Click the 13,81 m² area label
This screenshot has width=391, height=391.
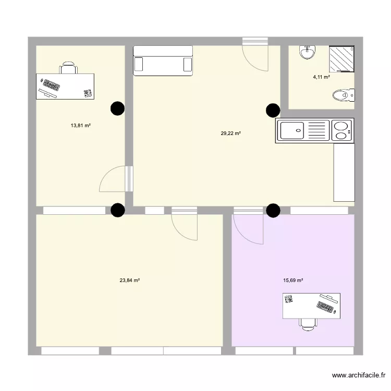81,125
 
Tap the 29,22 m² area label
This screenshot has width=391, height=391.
230,133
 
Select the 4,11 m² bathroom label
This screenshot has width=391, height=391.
321,77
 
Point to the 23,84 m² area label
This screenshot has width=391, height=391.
129,280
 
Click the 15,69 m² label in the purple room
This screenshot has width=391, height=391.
293,280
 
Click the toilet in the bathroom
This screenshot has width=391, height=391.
343,95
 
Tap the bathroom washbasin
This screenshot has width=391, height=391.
307,52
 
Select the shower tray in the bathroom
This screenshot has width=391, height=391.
341,58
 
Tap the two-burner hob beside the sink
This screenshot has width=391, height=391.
341,130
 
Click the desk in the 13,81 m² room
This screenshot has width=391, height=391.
66,86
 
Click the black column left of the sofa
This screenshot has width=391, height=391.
118,108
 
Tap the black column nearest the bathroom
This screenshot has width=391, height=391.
273,110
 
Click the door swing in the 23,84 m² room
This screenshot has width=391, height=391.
185,226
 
